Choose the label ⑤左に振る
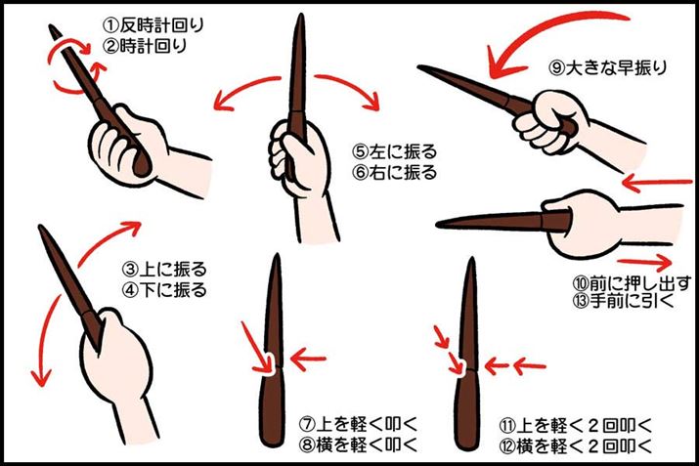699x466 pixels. coord(395,151)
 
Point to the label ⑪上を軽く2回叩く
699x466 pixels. coord(574,425)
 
